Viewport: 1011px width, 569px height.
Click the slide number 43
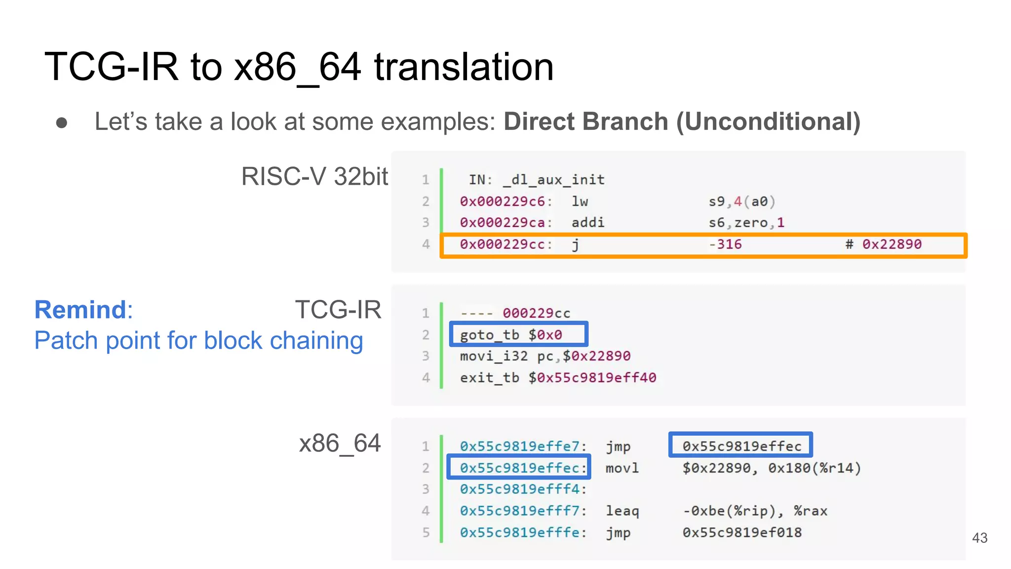click(x=979, y=537)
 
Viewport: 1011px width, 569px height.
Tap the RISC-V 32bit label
click(x=314, y=176)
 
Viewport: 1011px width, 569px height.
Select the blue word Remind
click(x=80, y=310)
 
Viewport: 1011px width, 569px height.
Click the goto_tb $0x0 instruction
click(x=511, y=335)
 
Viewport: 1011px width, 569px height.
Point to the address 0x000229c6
click(x=503, y=202)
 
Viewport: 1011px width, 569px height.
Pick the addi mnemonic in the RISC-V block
click(x=587, y=223)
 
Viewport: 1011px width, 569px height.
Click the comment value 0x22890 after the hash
click(x=892, y=244)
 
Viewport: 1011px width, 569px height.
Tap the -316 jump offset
click(x=725, y=244)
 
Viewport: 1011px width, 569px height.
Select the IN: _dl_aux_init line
click(x=537, y=180)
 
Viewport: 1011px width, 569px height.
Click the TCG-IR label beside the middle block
click(x=338, y=310)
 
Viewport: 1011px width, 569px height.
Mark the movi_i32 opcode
click(x=494, y=356)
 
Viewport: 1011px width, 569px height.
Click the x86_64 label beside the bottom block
click(x=340, y=443)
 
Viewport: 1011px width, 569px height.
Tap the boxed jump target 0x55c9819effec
click(x=741, y=446)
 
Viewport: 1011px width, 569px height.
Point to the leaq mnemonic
click(x=622, y=511)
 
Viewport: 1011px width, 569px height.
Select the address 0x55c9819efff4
click(x=520, y=489)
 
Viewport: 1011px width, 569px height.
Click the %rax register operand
click(x=810, y=511)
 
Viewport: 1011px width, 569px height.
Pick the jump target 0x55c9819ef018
click(x=741, y=532)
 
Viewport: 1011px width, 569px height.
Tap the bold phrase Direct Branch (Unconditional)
click(x=682, y=122)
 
